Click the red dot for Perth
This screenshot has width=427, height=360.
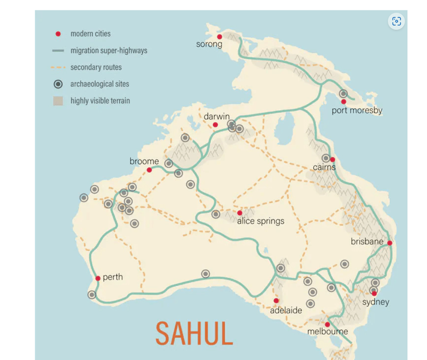[98, 278]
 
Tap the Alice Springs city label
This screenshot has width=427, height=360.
[261, 221]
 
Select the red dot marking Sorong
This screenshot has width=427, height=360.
[220, 37]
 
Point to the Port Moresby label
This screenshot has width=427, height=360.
[357, 111]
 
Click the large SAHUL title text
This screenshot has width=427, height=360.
[194, 334]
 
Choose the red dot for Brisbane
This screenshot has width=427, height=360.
[389, 243]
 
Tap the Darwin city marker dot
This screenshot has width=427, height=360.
[216, 125]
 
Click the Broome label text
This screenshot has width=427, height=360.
[144, 161]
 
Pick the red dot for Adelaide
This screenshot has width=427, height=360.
[276, 301]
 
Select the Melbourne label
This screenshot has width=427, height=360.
[328, 332]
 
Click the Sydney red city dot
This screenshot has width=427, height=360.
[374, 294]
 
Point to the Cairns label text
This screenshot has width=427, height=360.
[324, 168]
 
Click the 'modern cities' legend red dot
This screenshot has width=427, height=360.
[58, 34]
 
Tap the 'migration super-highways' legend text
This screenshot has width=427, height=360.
[109, 51]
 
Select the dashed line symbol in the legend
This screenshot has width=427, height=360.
[58, 67]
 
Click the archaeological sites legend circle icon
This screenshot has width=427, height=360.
[58, 84]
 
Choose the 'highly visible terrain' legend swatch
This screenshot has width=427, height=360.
[58, 101]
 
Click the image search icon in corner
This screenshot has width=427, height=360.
[396, 21]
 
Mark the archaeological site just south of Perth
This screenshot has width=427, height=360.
[92, 295]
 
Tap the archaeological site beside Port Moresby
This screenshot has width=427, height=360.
[343, 94]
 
